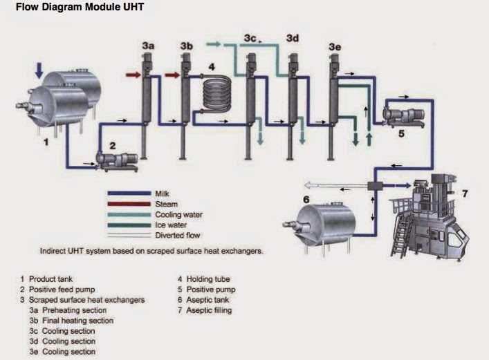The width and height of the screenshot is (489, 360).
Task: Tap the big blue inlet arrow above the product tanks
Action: click(x=39, y=69)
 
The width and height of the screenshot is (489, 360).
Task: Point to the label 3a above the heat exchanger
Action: click(x=148, y=46)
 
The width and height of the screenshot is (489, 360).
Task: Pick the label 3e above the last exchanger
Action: click(x=335, y=46)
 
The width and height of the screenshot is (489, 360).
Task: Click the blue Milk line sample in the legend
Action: click(x=130, y=194)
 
